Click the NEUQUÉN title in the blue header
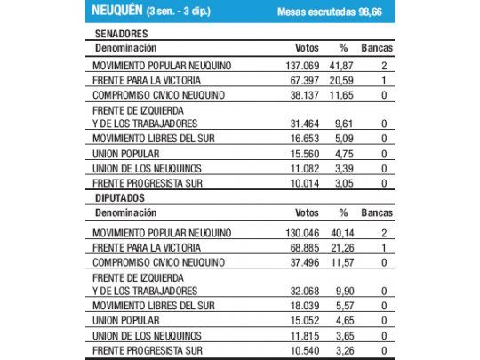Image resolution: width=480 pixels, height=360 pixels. coord(121,12)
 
